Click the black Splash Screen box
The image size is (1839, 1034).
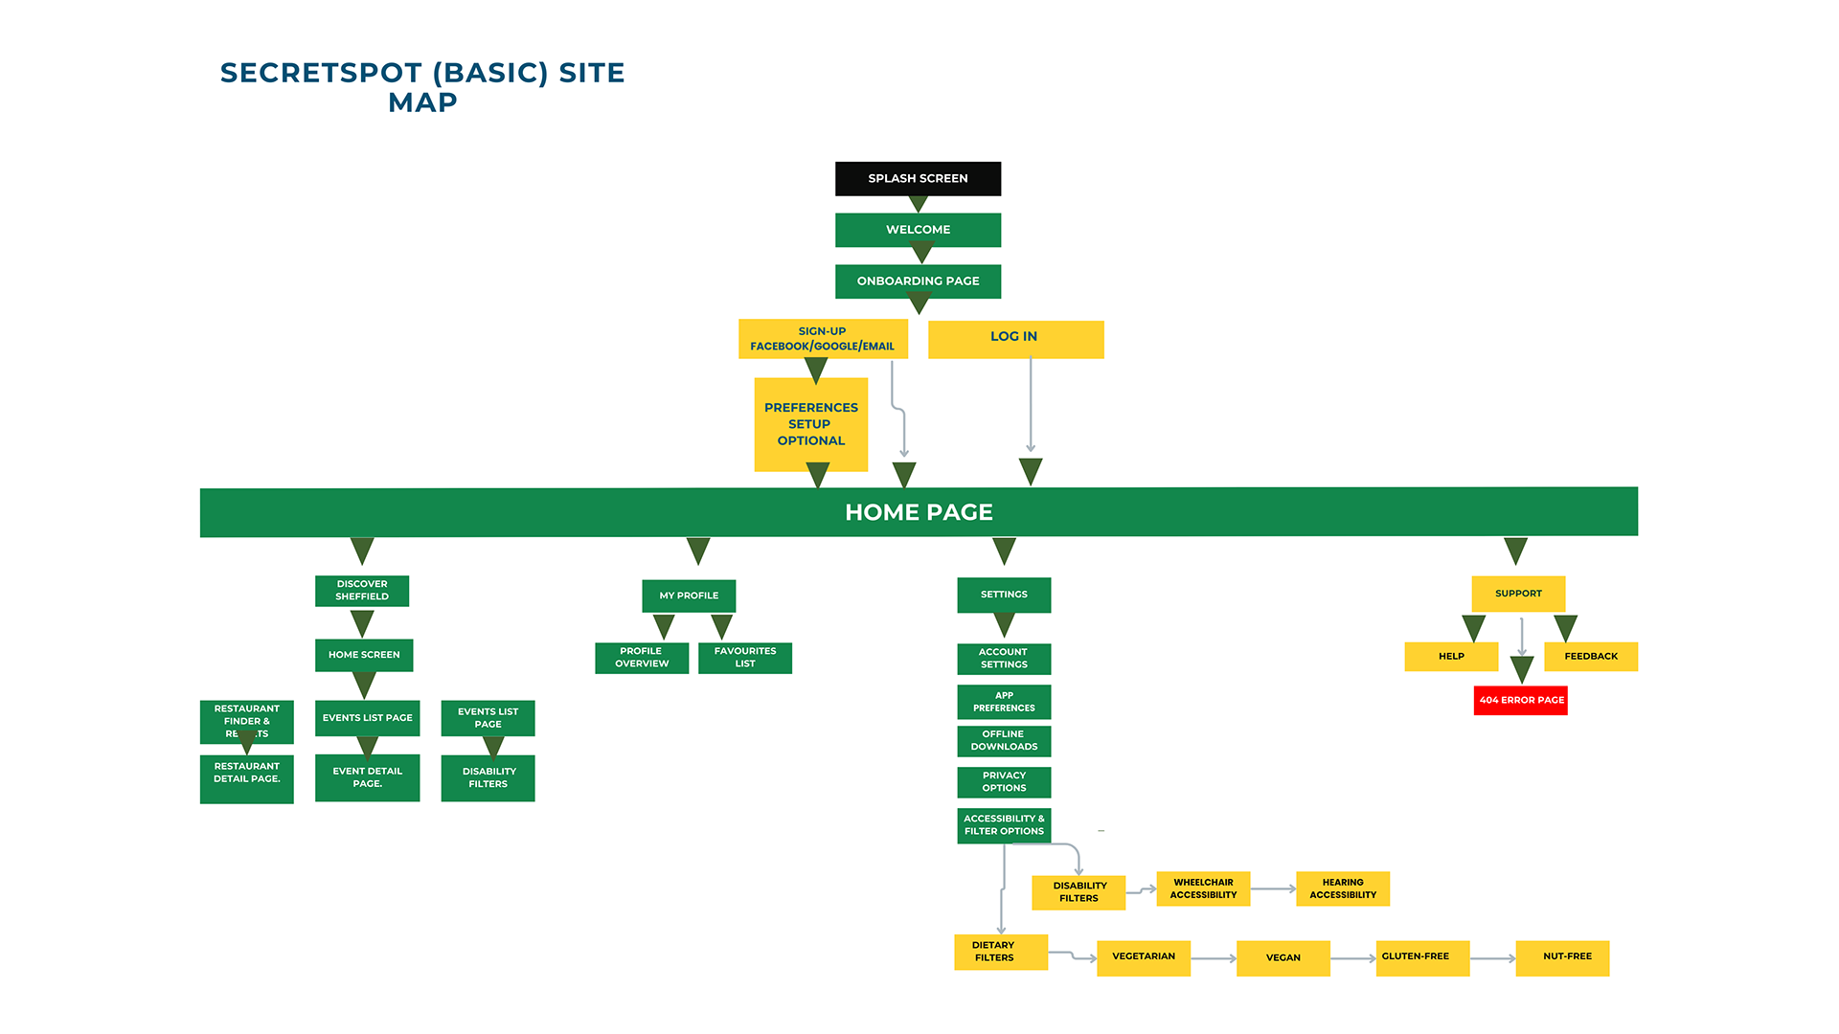pos(918,179)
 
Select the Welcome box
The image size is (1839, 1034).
pos(918,230)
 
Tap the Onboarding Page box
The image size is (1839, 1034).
pos(918,281)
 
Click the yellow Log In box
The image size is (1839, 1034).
pos(1015,339)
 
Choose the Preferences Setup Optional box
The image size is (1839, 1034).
pos(810,424)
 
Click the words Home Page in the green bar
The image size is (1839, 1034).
pos(919,512)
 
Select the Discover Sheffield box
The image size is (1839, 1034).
pos(362,591)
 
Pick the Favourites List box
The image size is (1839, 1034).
pos(745,658)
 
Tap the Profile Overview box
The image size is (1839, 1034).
pos(642,658)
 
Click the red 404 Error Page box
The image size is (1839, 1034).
pos(1521,700)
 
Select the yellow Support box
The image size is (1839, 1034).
pos(1518,594)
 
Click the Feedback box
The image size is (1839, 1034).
pos(1591,657)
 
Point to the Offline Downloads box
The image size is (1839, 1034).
pos(1004,741)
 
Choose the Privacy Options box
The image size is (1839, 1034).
pos(1004,782)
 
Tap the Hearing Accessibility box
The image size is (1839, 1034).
pos(1343,888)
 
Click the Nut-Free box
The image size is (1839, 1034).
pos(1567,957)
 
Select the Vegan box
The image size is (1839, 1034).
pos(1283,957)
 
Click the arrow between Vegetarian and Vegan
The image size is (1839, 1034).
pos(1214,958)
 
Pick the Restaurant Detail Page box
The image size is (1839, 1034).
pos(247,777)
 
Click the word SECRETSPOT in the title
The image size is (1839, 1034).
pos(321,73)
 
